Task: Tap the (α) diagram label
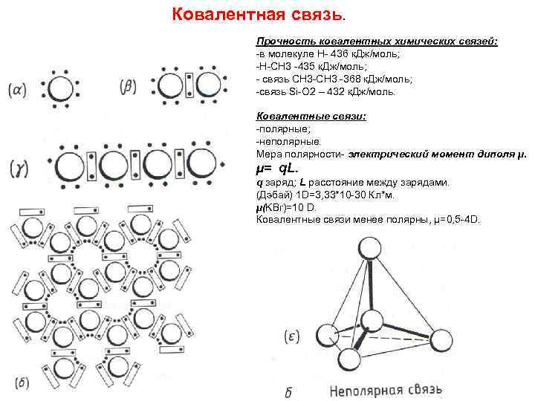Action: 17,91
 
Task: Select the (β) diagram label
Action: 129,86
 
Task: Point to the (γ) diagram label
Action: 19,169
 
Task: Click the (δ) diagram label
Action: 22,383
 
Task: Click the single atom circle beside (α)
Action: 58,88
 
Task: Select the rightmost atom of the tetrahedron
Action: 441,341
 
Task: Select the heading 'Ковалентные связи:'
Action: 301,116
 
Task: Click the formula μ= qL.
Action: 277,169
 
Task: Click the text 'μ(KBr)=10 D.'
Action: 287,208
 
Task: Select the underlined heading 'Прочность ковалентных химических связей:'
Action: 377,42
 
